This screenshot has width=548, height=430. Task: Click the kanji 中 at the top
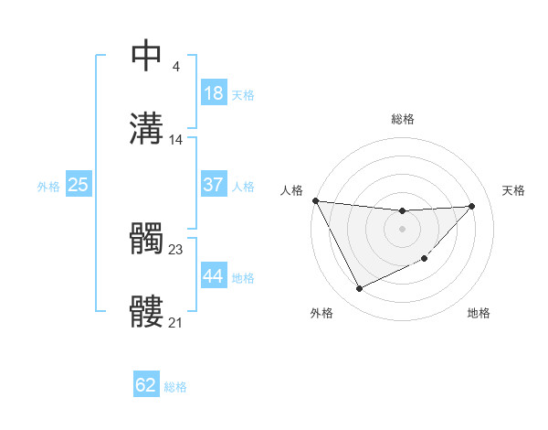[x=147, y=56]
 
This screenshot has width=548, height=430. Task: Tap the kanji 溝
[x=147, y=129]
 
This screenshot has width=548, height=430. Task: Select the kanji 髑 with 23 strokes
[x=147, y=239]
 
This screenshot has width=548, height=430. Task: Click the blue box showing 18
[x=214, y=93]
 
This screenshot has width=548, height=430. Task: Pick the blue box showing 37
[x=214, y=185]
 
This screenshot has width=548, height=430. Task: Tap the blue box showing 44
[x=214, y=276]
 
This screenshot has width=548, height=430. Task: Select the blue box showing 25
[x=79, y=185]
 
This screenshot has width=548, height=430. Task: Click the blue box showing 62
[x=146, y=386]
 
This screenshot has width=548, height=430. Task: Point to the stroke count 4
[x=175, y=67]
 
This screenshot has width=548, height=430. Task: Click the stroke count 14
[x=176, y=140]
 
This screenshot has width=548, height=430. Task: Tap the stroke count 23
[x=176, y=250]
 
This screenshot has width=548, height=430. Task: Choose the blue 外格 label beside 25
[x=48, y=186]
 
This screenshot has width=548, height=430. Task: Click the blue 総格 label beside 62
[x=175, y=387]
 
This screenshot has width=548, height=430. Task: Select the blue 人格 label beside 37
[x=243, y=186]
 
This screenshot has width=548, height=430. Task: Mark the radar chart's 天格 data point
[x=471, y=206]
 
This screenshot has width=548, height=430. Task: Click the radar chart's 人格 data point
[x=315, y=200]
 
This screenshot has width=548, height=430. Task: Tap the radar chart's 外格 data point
[x=359, y=289]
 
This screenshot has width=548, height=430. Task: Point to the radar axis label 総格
[x=403, y=119]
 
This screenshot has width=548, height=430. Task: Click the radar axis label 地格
[x=479, y=313]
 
